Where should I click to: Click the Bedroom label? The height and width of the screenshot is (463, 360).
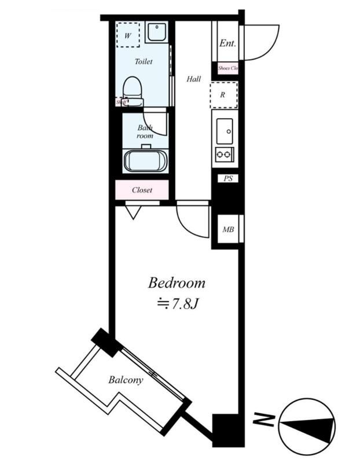[x=177, y=283]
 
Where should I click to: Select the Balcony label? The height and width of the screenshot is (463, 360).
[x=126, y=380]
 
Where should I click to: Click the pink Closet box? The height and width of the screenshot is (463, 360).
[x=142, y=189]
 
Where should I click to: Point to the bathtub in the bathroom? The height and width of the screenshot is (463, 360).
[x=145, y=161]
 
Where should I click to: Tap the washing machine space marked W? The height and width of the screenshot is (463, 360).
[x=128, y=35]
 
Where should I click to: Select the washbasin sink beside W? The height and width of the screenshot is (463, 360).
[x=156, y=32]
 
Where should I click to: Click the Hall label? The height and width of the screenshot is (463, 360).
[x=193, y=79]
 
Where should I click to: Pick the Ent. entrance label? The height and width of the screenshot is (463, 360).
[x=226, y=43]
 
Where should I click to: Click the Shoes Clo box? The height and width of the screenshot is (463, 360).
[x=227, y=68]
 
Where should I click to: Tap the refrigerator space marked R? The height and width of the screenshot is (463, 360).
[x=223, y=95]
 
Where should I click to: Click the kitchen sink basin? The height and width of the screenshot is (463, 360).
[x=225, y=130]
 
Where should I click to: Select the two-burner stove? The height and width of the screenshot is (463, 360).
[x=224, y=154]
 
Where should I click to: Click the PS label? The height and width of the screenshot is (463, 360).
[x=227, y=179]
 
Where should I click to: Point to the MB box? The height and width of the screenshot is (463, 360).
[x=228, y=230]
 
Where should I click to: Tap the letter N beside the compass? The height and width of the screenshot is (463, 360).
[x=265, y=420]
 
